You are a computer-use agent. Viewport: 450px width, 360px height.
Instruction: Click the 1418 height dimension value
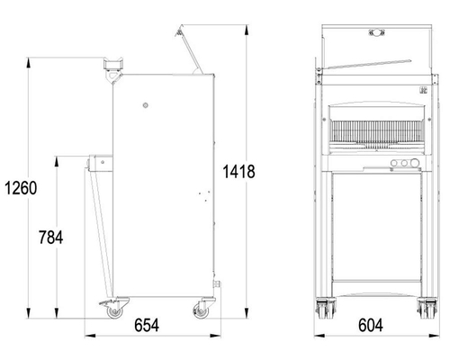(x=238, y=172)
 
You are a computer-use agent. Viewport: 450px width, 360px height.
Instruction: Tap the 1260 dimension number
(x=21, y=188)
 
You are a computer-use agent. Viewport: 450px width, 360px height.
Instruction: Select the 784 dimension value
(x=51, y=238)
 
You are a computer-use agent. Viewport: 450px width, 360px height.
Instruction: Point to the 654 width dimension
(x=147, y=325)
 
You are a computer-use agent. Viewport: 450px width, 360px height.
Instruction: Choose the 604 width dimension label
(x=371, y=325)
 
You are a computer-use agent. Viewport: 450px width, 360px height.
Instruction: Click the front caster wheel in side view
(x=114, y=311)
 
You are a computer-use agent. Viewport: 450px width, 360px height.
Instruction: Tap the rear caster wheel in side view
(x=201, y=311)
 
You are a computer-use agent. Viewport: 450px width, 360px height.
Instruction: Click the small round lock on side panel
(x=146, y=105)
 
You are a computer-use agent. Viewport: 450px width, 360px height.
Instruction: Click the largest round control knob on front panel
(x=415, y=163)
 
